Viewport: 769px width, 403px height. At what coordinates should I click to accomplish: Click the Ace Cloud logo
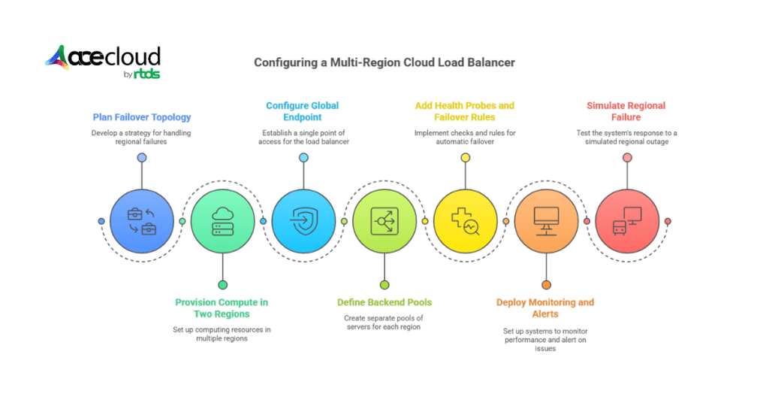pos(104,62)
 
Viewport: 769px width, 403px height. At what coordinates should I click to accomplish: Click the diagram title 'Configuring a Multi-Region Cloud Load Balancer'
pos(384,62)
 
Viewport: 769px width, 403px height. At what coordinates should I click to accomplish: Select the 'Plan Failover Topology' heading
pos(141,117)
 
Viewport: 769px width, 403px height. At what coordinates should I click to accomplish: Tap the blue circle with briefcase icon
pos(141,222)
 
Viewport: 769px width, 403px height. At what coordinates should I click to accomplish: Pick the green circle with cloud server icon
pos(222,222)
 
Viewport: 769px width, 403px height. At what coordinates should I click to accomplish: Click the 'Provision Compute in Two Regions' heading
pos(222,308)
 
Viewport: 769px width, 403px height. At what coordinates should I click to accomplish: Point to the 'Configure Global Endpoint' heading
pos(303,111)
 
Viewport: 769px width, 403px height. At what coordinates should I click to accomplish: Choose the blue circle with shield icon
pos(303,222)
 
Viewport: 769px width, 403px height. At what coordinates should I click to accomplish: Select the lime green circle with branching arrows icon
pos(384,222)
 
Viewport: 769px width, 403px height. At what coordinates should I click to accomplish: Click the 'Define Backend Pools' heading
pos(384,302)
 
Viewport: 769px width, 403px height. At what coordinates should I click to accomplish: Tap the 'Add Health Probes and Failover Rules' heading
pos(464,111)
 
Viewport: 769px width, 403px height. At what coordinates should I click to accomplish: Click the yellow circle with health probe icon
pos(466,222)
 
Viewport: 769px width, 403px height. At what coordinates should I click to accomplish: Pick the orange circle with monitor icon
pos(546,222)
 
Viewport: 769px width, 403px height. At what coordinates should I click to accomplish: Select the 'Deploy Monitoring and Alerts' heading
pos(545,308)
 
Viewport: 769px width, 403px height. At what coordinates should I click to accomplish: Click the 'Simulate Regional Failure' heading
pos(626,111)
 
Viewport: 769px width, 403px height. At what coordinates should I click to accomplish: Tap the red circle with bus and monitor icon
pos(627,222)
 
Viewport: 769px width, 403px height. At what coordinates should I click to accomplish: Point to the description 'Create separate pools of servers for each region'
pos(384,322)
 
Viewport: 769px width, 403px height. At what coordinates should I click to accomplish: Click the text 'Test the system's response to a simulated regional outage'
pos(626,138)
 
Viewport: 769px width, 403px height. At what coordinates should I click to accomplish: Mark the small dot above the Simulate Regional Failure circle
pos(627,158)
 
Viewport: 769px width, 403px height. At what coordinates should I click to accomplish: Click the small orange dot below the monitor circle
pos(546,285)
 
